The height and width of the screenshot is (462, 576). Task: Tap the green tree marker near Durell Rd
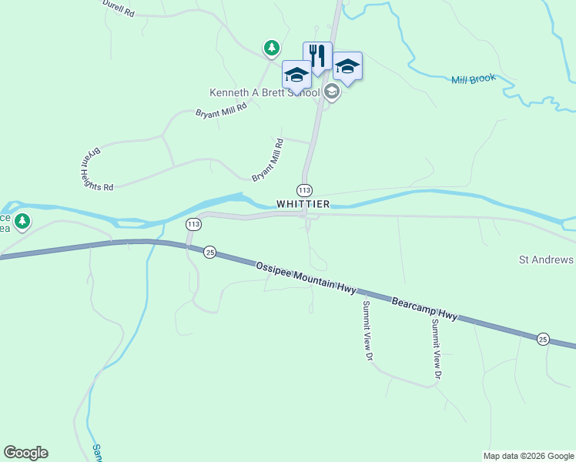271,49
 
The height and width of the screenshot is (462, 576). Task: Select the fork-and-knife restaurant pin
317,55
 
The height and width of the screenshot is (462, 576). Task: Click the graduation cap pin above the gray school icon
347,67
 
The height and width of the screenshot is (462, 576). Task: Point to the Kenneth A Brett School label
265,93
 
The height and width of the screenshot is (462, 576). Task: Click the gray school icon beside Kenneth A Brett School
332,93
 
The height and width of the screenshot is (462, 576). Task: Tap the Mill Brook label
473,79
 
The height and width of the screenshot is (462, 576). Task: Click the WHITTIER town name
303,204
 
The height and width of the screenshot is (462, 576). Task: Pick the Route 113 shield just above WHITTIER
304,189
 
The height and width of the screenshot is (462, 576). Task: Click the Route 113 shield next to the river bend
193,224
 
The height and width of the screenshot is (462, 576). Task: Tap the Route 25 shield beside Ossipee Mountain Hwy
209,252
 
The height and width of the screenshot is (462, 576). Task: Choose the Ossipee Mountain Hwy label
306,276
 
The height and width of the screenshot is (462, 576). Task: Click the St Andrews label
547,260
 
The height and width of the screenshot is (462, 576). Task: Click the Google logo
25,452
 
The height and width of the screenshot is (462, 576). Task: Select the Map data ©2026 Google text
527,456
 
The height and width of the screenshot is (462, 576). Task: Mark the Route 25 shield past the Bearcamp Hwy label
543,340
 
